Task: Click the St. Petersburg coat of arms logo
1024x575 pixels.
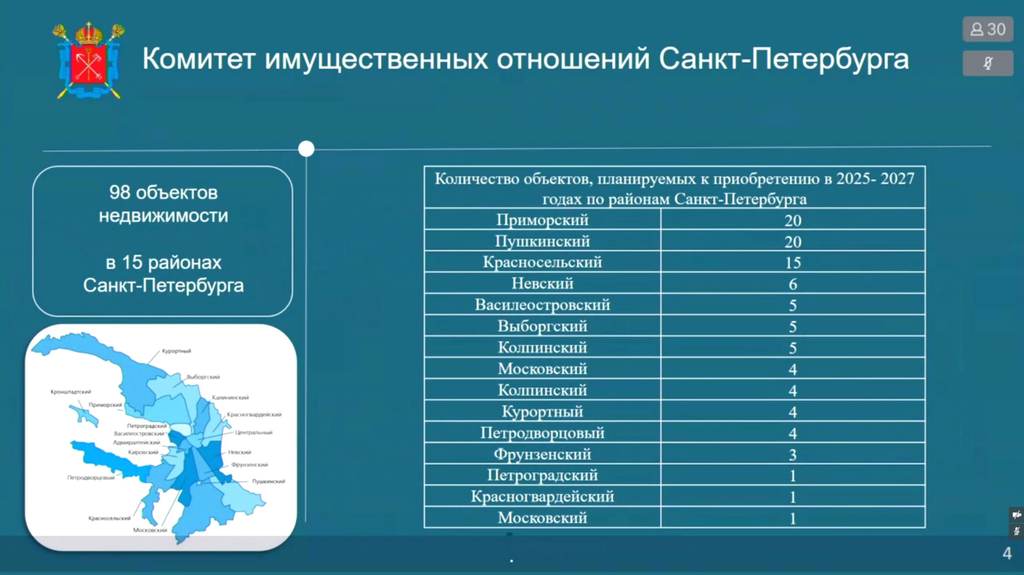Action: (89, 60)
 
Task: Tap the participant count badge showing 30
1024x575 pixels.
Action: (988, 29)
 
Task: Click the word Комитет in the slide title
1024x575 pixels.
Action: (198, 59)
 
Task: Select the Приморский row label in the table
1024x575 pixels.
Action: (542, 220)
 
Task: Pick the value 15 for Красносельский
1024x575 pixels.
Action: (793, 263)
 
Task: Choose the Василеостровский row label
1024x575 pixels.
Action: (542, 305)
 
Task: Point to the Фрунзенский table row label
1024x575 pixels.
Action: (542, 454)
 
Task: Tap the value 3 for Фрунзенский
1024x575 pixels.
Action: (793, 455)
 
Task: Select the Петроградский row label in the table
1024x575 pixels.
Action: (542, 475)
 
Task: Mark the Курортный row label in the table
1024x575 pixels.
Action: (542, 412)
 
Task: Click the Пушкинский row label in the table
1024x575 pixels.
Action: (542, 241)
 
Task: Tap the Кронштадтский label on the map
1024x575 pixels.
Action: (71, 392)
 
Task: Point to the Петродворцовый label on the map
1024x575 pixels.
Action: (91, 478)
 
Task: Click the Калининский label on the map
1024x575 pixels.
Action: (230, 397)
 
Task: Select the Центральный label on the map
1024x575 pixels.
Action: (254, 432)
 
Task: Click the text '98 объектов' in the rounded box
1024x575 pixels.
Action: (163, 193)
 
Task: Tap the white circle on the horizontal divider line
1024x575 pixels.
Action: (306, 149)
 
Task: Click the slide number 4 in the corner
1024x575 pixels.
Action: (1007, 553)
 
